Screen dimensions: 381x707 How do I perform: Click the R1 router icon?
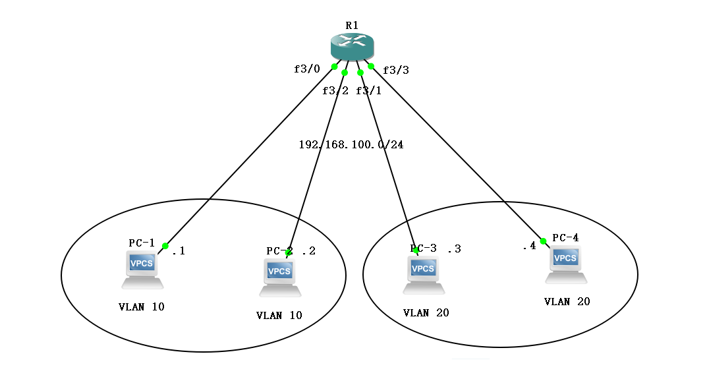tap(352, 46)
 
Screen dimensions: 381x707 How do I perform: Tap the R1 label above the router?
tap(352, 25)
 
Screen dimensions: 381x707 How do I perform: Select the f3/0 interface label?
tap(306, 69)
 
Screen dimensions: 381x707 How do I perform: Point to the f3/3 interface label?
tap(396, 70)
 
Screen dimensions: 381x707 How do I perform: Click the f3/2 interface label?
tap(335, 90)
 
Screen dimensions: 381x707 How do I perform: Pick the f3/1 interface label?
tap(368, 90)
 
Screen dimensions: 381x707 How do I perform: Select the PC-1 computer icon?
tap(142, 270)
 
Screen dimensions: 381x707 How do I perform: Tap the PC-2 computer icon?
tap(280, 278)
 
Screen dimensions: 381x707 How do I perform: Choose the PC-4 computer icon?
tap(565, 264)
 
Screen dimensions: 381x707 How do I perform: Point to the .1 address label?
tap(179, 250)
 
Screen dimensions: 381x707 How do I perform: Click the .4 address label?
tap(529, 247)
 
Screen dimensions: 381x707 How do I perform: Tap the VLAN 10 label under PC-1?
tap(141, 307)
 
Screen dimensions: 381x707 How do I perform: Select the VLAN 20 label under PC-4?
tap(567, 301)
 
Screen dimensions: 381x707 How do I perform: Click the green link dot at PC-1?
tap(165, 246)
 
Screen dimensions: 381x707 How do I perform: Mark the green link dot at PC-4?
tap(544, 241)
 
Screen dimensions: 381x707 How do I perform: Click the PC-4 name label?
tap(565, 237)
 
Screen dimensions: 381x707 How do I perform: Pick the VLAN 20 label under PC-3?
tap(426, 312)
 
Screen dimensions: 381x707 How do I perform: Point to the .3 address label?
tap(454, 249)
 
